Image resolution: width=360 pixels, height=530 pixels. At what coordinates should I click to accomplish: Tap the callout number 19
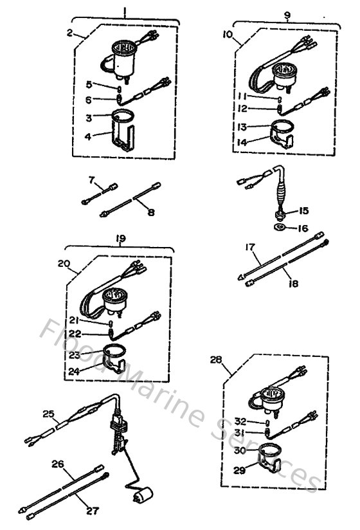120,238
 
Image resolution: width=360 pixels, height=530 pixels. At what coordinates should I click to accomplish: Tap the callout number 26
58,463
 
